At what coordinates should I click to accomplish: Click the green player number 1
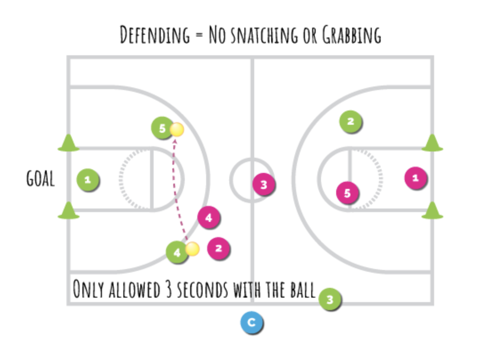(88, 180)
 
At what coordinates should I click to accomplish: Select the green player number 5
(162, 128)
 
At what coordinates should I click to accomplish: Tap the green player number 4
(177, 252)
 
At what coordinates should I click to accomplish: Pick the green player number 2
(350, 121)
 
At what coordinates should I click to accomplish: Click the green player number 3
(330, 300)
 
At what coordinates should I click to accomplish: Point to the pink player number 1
(415, 178)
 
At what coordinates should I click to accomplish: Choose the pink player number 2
(218, 248)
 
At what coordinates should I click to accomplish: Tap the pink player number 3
(264, 184)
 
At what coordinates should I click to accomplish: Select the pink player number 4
(209, 218)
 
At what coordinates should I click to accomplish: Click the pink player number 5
(347, 193)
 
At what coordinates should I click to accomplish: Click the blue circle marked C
(252, 323)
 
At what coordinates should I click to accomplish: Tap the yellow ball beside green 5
(177, 130)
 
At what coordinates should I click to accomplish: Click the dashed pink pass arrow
(175, 192)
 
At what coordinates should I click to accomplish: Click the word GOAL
(41, 179)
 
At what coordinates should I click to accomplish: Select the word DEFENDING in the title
(154, 35)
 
